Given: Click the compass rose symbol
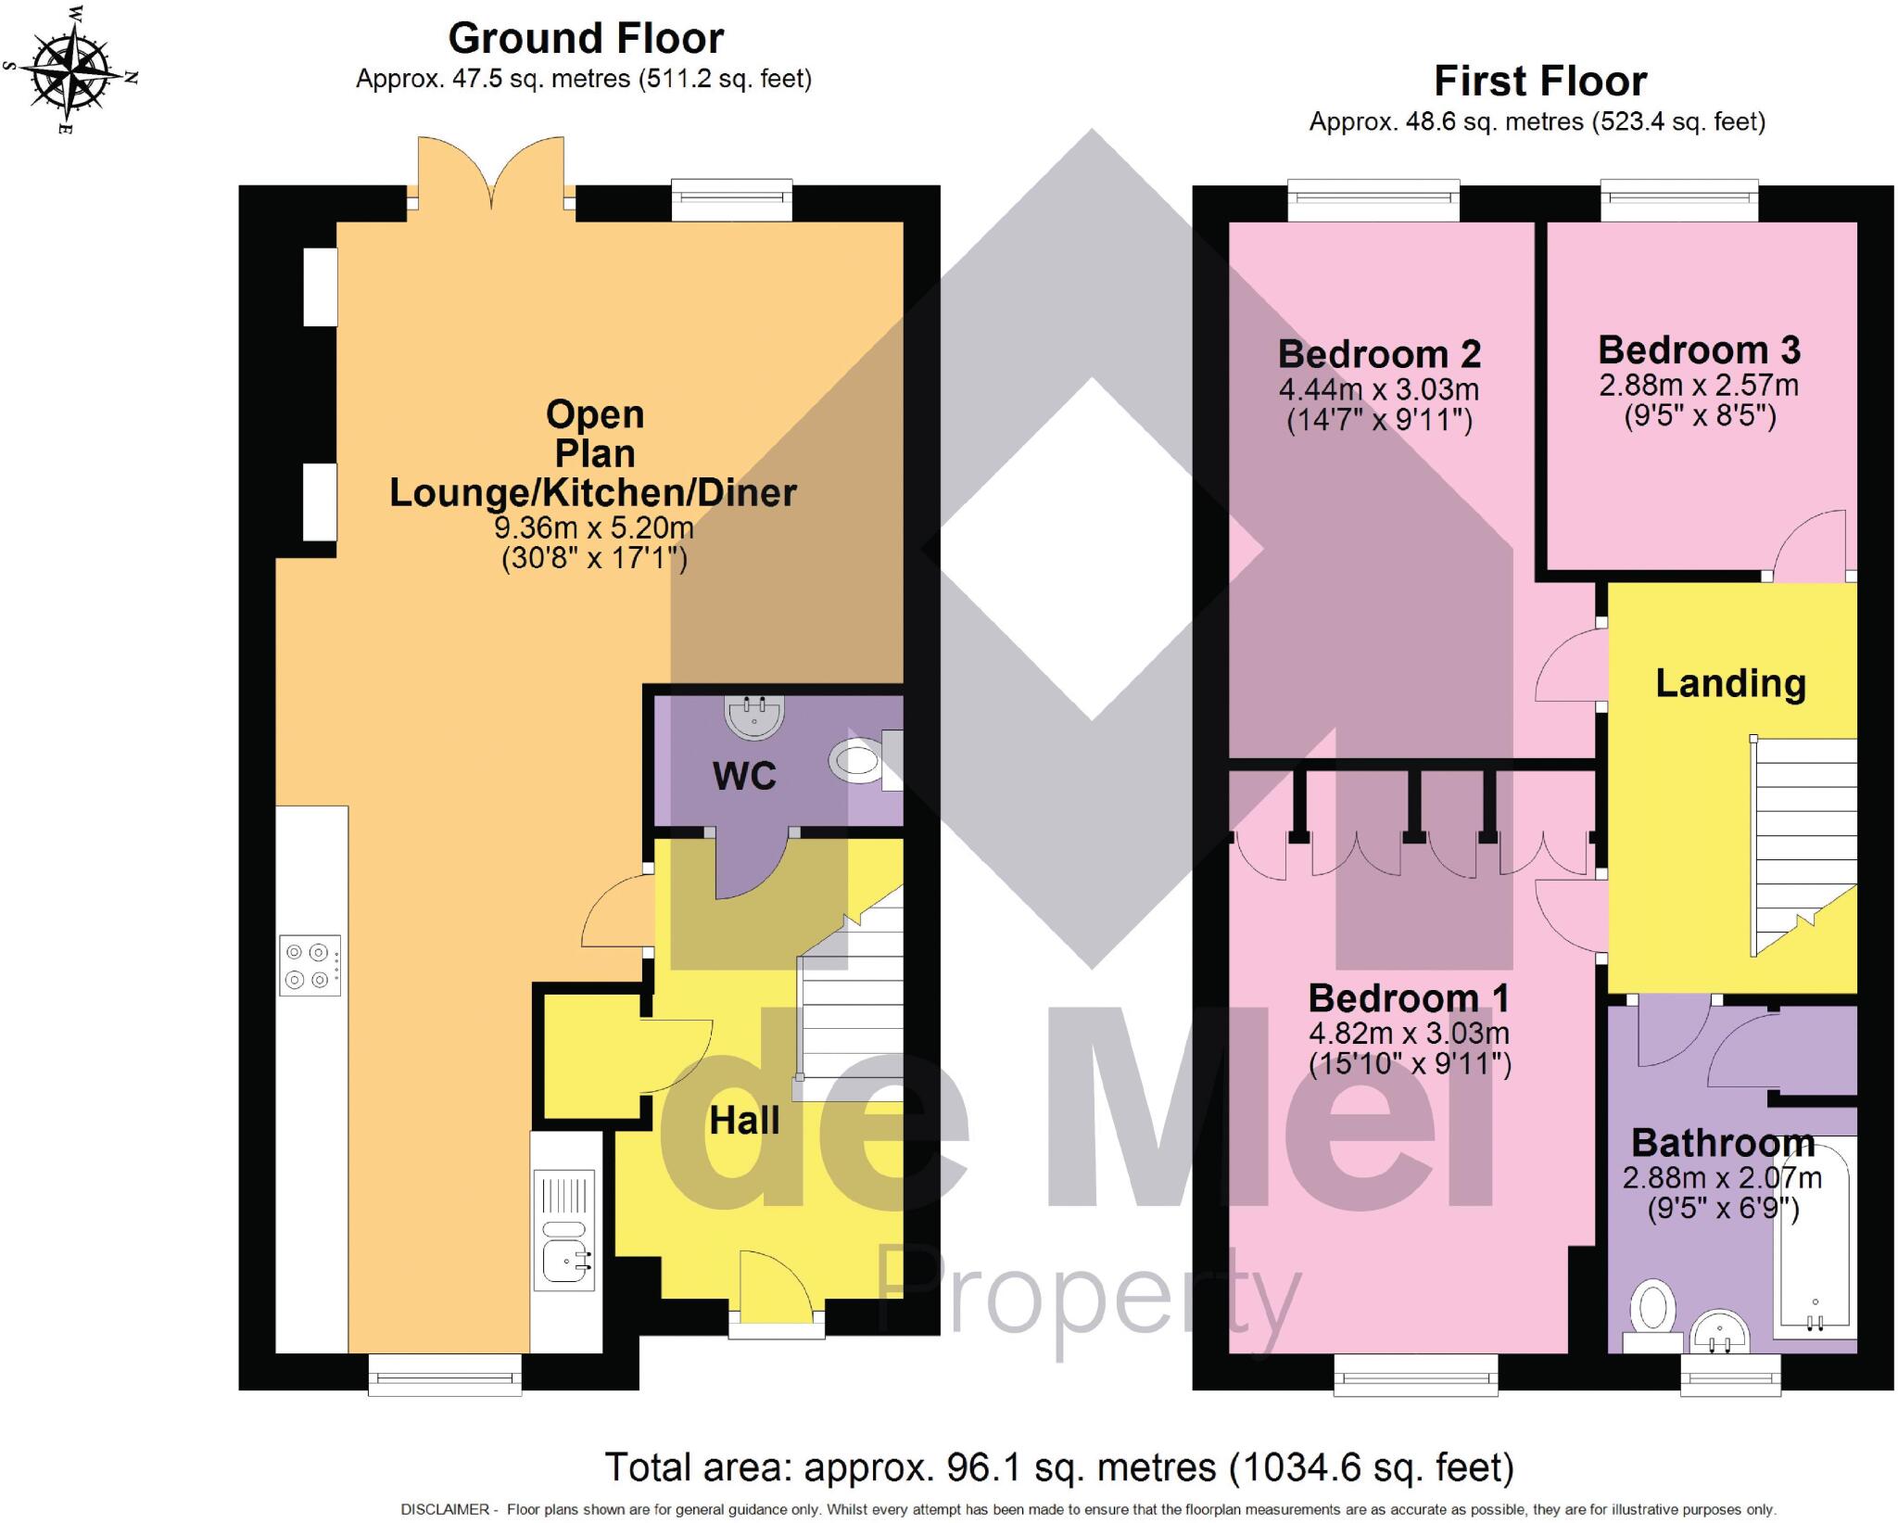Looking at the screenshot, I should pyautogui.click(x=70, y=70).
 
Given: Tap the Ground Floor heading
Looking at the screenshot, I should pyautogui.click(x=586, y=39).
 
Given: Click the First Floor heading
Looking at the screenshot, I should pyautogui.click(x=1540, y=82).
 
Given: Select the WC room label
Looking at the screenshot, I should pyautogui.click(x=744, y=776).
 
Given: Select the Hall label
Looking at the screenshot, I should pyautogui.click(x=744, y=1121).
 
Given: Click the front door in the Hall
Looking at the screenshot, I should pyautogui.click(x=775, y=1288).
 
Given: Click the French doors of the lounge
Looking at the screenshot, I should pyautogui.click(x=491, y=171).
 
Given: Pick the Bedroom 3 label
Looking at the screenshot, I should pyautogui.click(x=1699, y=350).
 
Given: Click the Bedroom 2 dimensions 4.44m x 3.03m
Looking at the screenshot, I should pyautogui.click(x=1379, y=389).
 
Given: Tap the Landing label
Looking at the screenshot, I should pyautogui.click(x=1730, y=683).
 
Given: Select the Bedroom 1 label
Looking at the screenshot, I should pyautogui.click(x=1409, y=998).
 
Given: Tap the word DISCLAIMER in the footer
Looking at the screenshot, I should pyautogui.click(x=445, y=1510).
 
